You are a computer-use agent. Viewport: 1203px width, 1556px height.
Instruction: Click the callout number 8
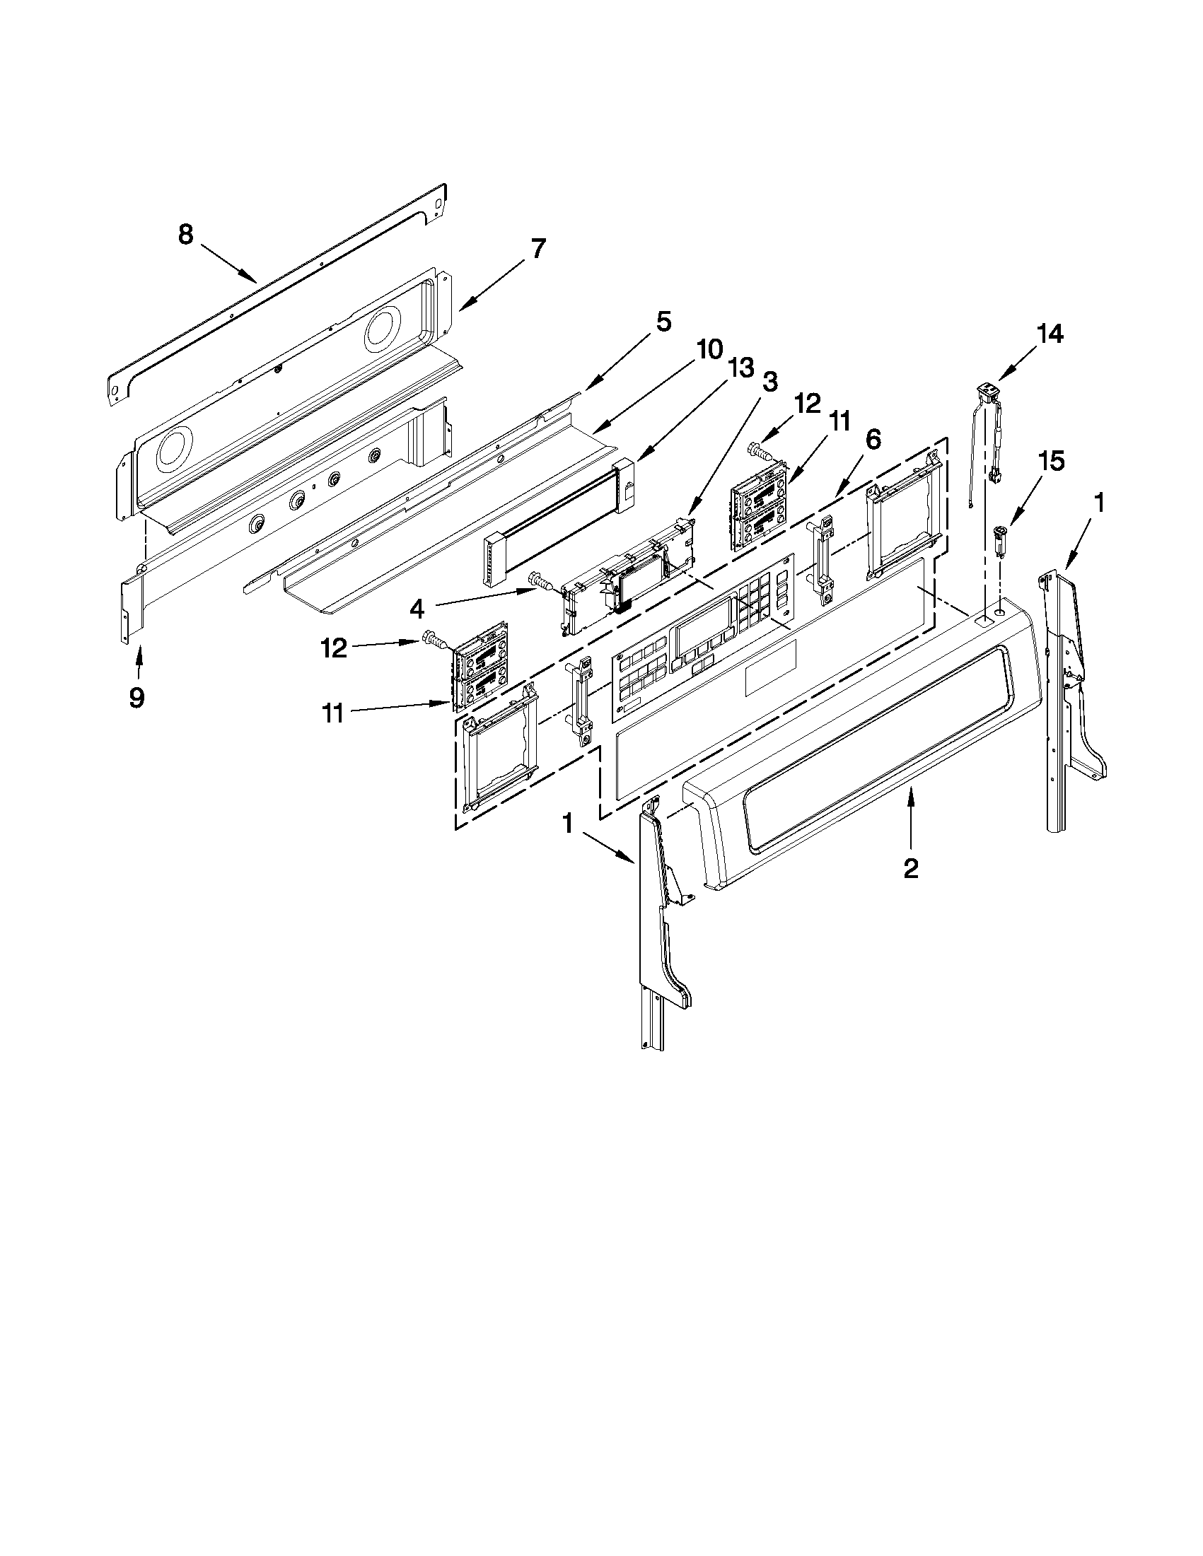pyautogui.click(x=185, y=235)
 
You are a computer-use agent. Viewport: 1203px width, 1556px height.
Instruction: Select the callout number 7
pyautogui.click(x=538, y=249)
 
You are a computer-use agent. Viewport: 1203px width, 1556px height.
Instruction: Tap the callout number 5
pyautogui.click(x=663, y=322)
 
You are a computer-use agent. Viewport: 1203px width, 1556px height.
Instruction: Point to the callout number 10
pyautogui.click(x=709, y=350)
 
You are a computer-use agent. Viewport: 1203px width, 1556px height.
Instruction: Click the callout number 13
pyautogui.click(x=740, y=368)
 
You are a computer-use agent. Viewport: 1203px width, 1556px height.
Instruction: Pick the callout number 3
pyautogui.click(x=769, y=382)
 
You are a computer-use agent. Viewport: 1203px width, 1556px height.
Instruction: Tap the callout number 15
pyautogui.click(x=1052, y=461)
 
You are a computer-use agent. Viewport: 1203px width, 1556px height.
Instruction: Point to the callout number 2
pyautogui.click(x=910, y=868)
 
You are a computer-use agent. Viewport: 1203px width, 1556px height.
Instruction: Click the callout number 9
pyautogui.click(x=136, y=697)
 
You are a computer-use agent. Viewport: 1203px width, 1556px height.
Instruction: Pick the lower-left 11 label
pyautogui.click(x=334, y=713)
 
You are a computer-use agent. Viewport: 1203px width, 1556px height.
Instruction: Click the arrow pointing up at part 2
pyautogui.click(x=909, y=819)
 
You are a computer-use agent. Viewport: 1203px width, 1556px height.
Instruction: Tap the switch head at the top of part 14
pyautogui.click(x=987, y=389)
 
